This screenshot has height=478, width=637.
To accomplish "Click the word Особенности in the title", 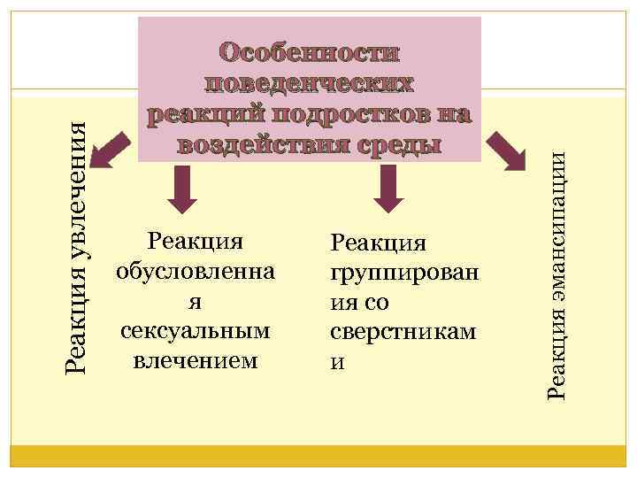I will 310,52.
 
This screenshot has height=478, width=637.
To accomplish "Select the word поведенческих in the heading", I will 310,83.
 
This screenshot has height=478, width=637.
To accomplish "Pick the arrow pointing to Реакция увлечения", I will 110,150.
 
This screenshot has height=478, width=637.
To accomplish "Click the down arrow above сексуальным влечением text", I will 182,190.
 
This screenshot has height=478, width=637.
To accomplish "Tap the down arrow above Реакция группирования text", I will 388,190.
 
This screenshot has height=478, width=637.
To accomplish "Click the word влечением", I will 196,361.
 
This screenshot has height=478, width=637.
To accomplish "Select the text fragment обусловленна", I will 196,271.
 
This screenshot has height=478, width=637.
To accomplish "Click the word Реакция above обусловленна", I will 196,241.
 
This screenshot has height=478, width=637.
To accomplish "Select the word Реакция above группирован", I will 378,242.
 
